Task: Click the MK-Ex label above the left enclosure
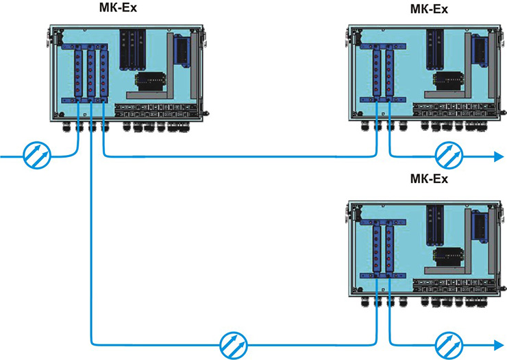pyautogui.click(x=118, y=7)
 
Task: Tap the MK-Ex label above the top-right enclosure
pyautogui.click(x=429, y=9)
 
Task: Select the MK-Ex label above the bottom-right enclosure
pyautogui.click(x=429, y=179)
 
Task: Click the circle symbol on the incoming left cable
pyautogui.click(x=37, y=156)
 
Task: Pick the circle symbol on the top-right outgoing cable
pyautogui.click(x=449, y=156)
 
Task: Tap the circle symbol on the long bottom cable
pyautogui.click(x=234, y=346)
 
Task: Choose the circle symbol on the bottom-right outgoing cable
pyautogui.click(x=449, y=346)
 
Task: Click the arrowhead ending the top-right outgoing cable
pyautogui.click(x=497, y=156)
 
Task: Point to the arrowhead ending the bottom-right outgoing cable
pyautogui.click(x=497, y=346)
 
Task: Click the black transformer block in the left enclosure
pyautogui.click(x=151, y=82)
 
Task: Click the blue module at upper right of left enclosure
pyautogui.click(x=182, y=51)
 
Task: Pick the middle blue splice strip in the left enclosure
pyautogui.click(x=91, y=71)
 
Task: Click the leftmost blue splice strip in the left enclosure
pyautogui.click(x=78, y=71)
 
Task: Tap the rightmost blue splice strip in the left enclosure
pyautogui.click(x=103, y=71)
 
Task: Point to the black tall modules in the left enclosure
pyautogui.click(x=132, y=49)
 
